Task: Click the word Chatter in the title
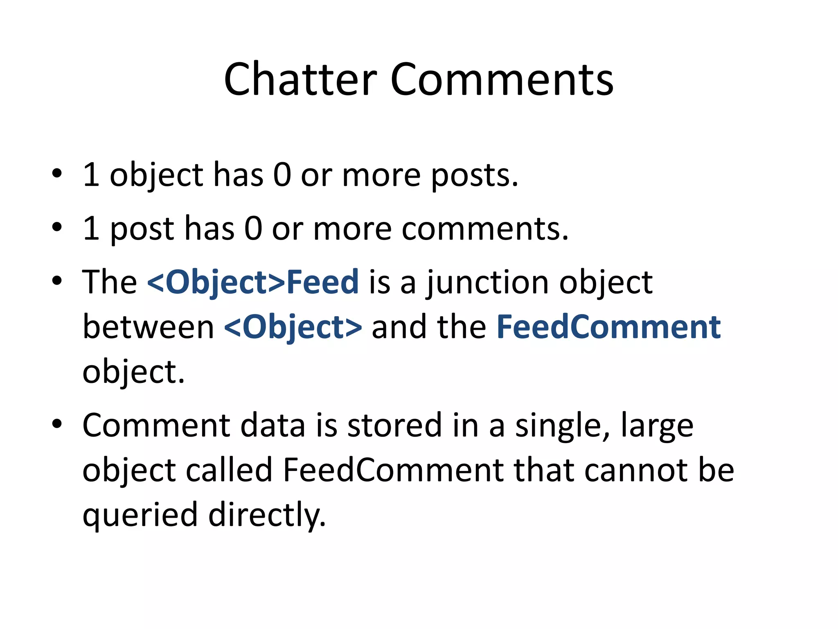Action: (300, 79)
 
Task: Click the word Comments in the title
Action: (502, 79)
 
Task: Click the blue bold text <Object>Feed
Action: (253, 282)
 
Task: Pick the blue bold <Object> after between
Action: (293, 327)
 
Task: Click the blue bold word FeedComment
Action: (608, 327)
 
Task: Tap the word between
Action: (149, 327)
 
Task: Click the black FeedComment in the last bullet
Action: (393, 470)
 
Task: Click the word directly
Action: (267, 515)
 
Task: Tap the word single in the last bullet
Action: (563, 425)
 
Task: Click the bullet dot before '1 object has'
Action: (57, 174)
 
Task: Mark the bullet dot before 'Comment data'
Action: (57, 424)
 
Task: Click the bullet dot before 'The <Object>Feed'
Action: (57, 281)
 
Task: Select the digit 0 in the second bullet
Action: (253, 229)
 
